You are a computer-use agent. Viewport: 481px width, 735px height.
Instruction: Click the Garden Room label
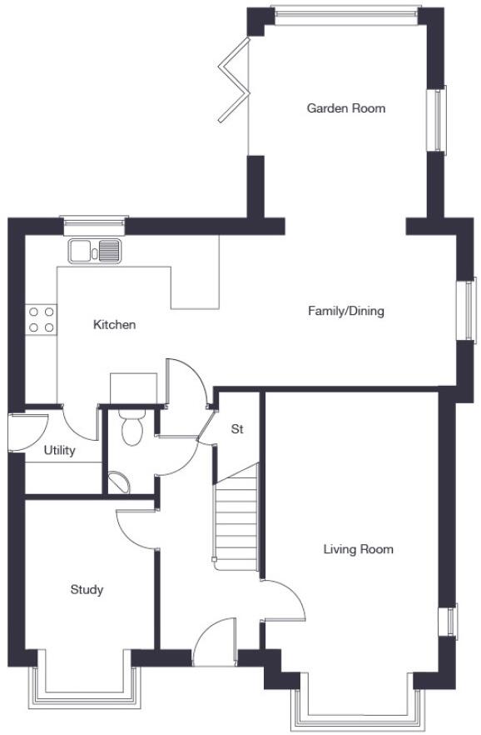(345, 108)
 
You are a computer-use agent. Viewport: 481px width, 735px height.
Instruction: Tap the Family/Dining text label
(345, 312)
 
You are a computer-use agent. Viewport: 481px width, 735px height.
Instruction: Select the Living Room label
(358, 549)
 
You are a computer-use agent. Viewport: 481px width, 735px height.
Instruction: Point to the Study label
(87, 590)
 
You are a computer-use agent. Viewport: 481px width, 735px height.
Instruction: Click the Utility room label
(60, 451)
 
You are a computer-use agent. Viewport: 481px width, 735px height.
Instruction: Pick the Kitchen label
(114, 325)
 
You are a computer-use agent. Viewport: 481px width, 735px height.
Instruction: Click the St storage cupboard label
(237, 430)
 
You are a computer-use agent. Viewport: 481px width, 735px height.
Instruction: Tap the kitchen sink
(96, 249)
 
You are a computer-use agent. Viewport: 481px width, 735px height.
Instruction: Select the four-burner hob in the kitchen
(42, 319)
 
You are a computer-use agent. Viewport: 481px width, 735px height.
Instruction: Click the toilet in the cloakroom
(131, 427)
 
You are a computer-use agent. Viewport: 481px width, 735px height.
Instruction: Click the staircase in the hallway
(236, 521)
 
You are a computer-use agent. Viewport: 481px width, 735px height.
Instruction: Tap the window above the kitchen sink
(94, 222)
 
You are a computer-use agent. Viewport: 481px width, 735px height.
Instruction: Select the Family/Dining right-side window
(471, 310)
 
